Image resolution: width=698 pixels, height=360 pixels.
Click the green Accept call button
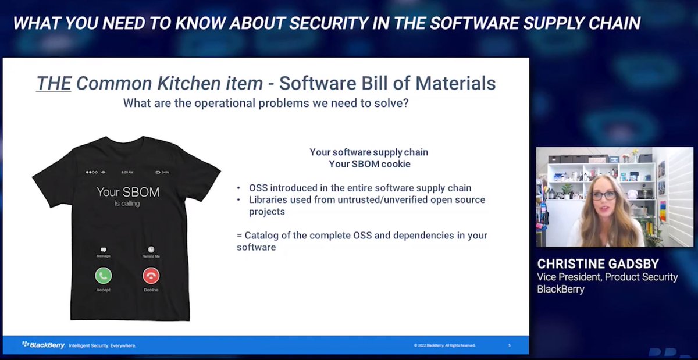(x=104, y=275)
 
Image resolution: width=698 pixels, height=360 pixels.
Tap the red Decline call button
(x=151, y=275)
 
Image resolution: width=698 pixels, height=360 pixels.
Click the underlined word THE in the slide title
(x=54, y=84)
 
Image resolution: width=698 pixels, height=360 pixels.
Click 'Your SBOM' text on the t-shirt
(x=127, y=191)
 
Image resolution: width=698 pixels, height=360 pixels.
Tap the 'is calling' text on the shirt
(x=127, y=204)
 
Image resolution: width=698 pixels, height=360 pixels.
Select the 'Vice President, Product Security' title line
(x=607, y=277)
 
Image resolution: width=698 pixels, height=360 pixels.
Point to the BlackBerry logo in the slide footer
(x=43, y=345)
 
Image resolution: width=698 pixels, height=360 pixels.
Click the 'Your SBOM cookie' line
(x=369, y=164)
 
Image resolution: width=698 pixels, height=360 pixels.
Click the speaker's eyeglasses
(x=604, y=195)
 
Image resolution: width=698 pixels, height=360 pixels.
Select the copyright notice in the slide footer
(x=444, y=345)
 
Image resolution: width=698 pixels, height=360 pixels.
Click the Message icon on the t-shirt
(x=104, y=249)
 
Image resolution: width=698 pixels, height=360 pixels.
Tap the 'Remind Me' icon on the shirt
(x=151, y=249)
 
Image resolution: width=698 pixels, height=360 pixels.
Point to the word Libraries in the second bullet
(x=269, y=199)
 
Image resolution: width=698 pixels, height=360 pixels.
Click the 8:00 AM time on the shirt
(x=128, y=172)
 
